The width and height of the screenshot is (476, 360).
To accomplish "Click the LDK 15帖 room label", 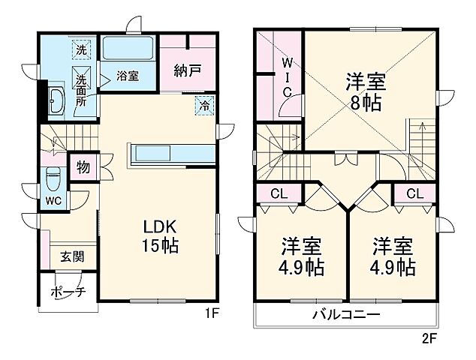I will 161,235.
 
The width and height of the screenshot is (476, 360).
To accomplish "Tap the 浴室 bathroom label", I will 128,76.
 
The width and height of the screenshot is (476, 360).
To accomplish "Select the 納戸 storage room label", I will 187,73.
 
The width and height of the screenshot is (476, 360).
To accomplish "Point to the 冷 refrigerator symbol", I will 203,105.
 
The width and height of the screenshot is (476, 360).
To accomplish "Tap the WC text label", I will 53,201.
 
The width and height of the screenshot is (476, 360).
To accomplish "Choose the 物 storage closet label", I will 83,166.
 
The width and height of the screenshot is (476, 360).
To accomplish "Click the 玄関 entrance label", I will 73,256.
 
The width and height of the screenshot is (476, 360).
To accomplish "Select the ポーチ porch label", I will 68,292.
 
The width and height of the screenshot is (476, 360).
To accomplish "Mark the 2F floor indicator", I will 428,337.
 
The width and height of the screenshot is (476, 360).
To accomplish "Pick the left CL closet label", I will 279,193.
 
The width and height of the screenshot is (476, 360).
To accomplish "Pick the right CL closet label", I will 414,193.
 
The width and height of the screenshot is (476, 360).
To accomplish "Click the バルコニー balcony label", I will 346,314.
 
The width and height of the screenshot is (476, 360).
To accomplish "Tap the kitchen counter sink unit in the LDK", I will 170,153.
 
